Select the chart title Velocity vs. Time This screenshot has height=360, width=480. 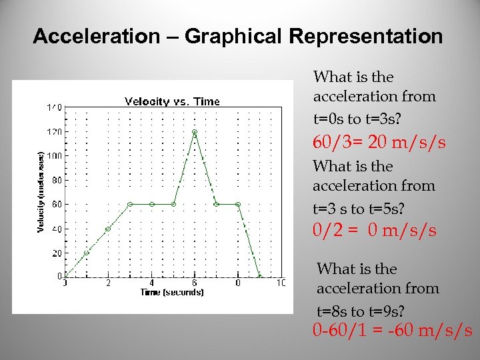[x=172, y=101]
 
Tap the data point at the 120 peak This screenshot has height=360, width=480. [x=195, y=132]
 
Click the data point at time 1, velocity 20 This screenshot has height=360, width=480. [x=87, y=253]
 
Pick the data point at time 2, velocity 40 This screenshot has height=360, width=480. [x=108, y=229]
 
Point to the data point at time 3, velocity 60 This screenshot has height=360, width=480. [x=130, y=204]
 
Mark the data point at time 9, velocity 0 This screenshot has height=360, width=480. [x=260, y=277]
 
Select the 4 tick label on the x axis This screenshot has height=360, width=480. [x=151, y=283]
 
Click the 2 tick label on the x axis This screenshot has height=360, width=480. [x=108, y=283]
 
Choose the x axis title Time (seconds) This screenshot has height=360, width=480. [x=172, y=293]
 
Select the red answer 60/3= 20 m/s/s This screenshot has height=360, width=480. [x=379, y=143]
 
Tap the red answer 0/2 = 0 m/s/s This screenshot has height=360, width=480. [x=375, y=231]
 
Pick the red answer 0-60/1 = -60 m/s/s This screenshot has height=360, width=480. [x=393, y=330]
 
